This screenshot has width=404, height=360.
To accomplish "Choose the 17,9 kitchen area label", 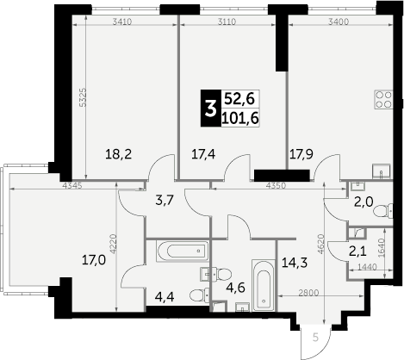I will click(x=301, y=155).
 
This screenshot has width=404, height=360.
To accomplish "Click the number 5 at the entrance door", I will click(x=315, y=336).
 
